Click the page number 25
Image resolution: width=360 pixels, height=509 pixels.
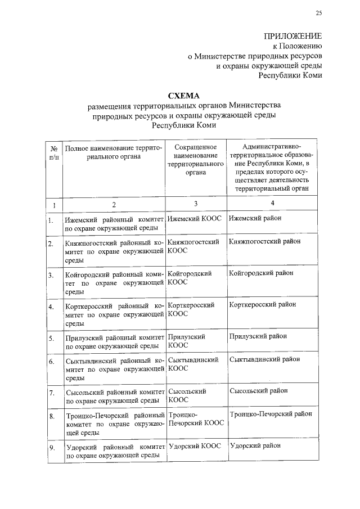[319, 13]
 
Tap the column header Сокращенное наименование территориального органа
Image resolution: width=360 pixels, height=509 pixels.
[195, 163]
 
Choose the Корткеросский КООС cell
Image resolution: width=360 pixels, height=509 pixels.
[191, 309]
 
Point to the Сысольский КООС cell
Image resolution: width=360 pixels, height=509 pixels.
[187, 395]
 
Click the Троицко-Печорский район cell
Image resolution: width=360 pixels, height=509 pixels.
[271, 414]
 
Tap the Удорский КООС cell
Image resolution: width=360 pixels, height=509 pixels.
[194, 445]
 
